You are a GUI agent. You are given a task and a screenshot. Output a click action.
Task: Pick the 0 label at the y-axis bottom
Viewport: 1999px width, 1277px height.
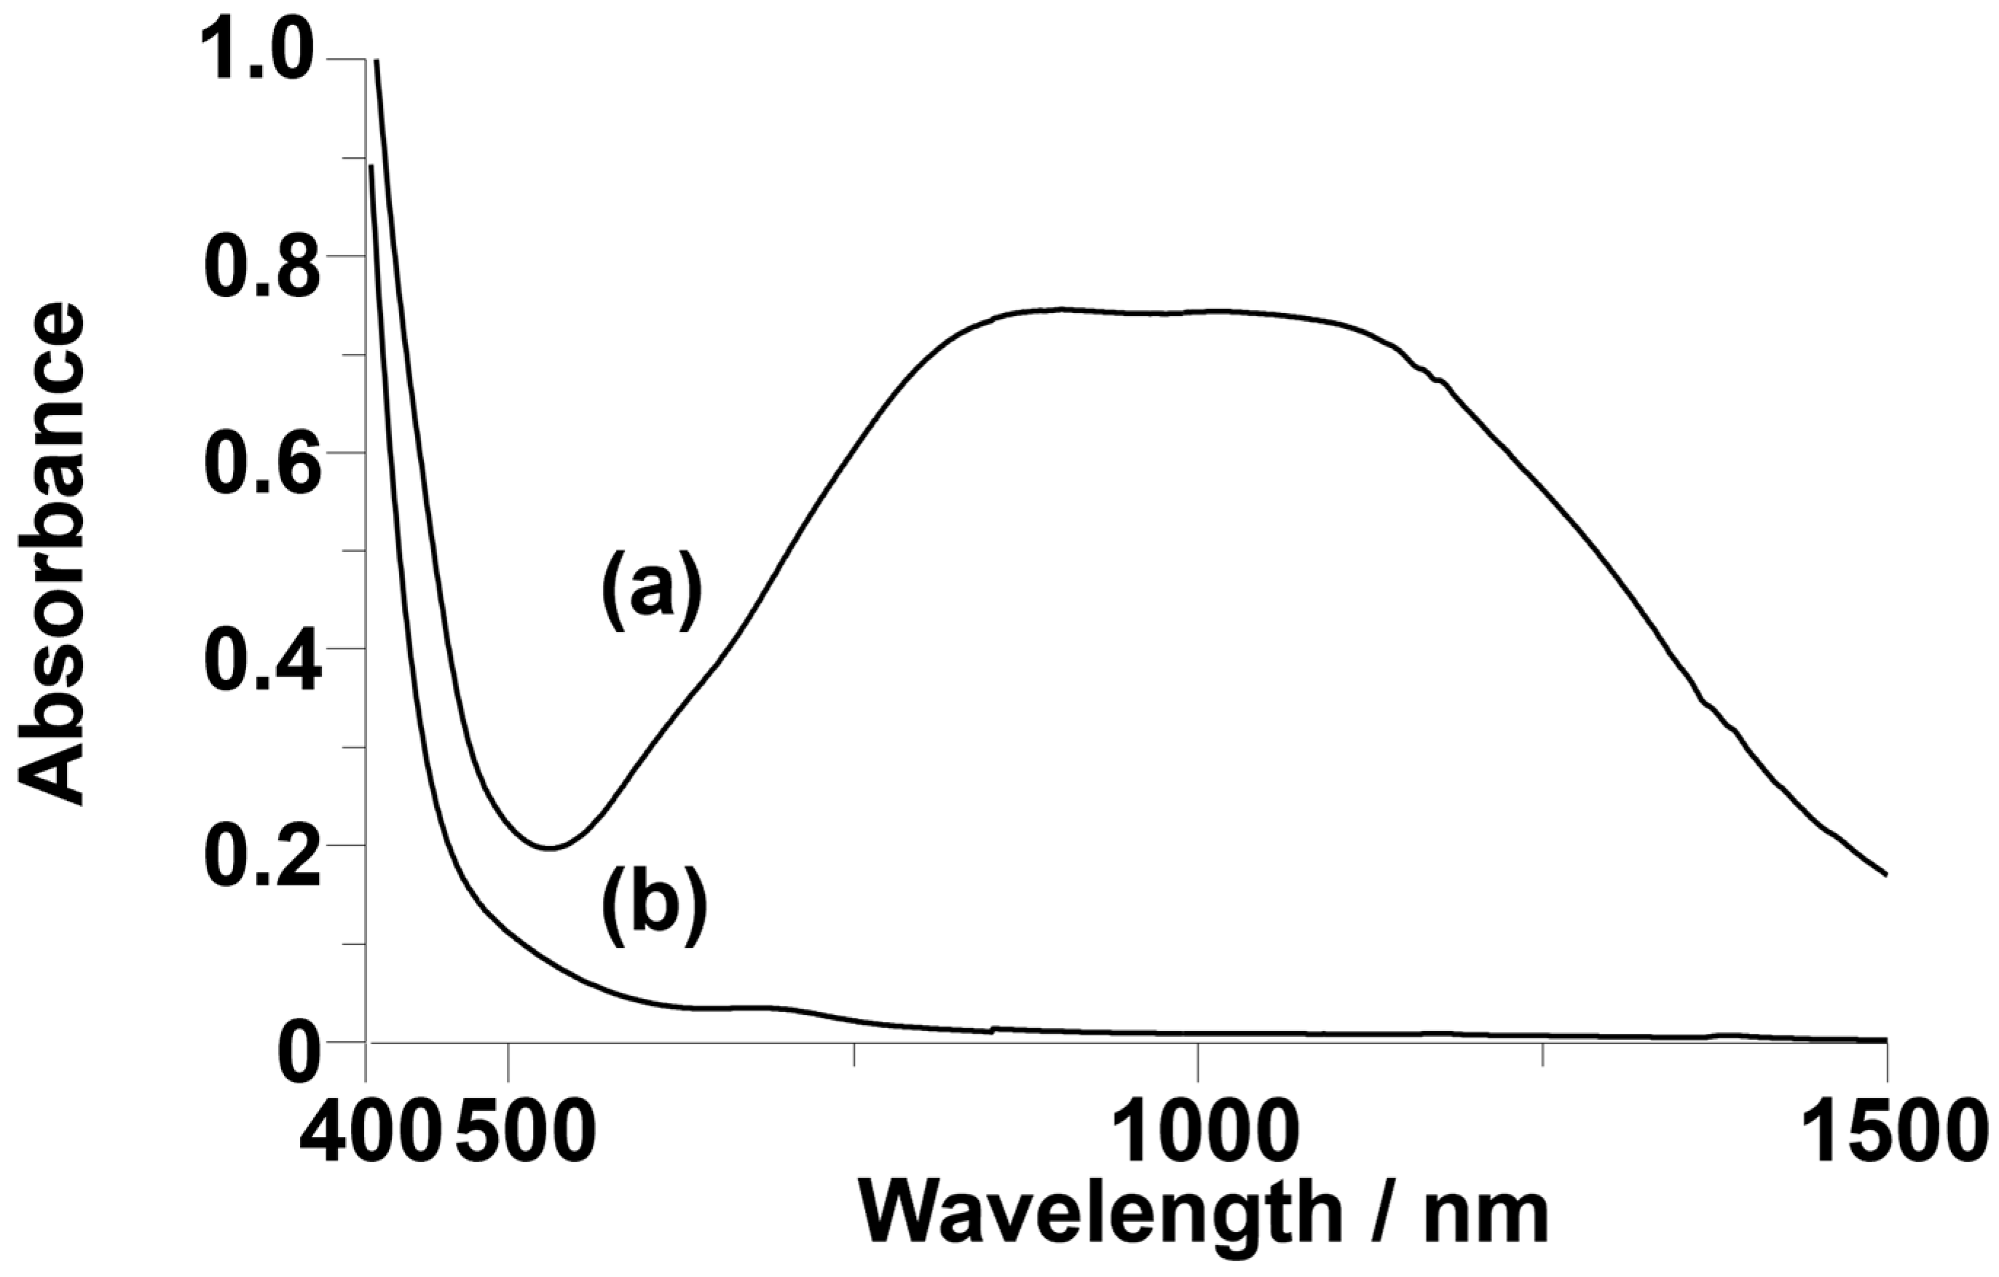click(x=299, y=1052)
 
